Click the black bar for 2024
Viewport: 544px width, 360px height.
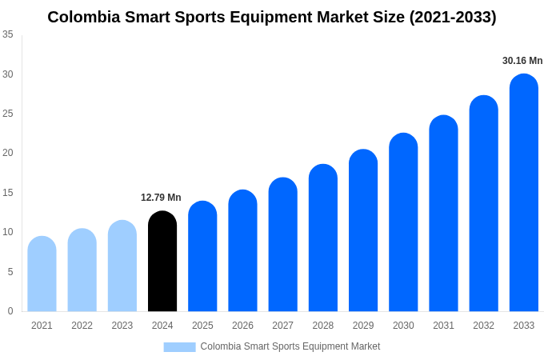click(162, 262)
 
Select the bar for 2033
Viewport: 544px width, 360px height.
click(523, 193)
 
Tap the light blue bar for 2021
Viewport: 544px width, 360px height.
click(42, 274)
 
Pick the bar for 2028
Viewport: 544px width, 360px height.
click(323, 238)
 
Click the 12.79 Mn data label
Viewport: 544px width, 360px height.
click(161, 198)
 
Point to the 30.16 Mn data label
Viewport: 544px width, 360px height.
click(522, 61)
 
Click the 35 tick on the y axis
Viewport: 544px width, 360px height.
click(8, 34)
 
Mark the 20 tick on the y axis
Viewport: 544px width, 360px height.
click(8, 153)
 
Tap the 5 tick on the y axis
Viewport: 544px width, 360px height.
click(10, 272)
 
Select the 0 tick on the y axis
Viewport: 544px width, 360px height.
click(10, 311)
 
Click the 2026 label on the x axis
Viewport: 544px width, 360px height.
click(242, 326)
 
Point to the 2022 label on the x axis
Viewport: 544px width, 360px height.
click(82, 326)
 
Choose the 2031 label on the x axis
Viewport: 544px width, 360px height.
click(443, 326)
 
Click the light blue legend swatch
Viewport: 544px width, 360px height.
click(179, 346)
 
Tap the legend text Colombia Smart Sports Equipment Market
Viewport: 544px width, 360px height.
click(290, 346)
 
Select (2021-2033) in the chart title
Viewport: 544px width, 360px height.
click(453, 17)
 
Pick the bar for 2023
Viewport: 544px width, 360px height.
click(122, 266)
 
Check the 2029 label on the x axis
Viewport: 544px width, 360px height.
click(363, 326)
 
